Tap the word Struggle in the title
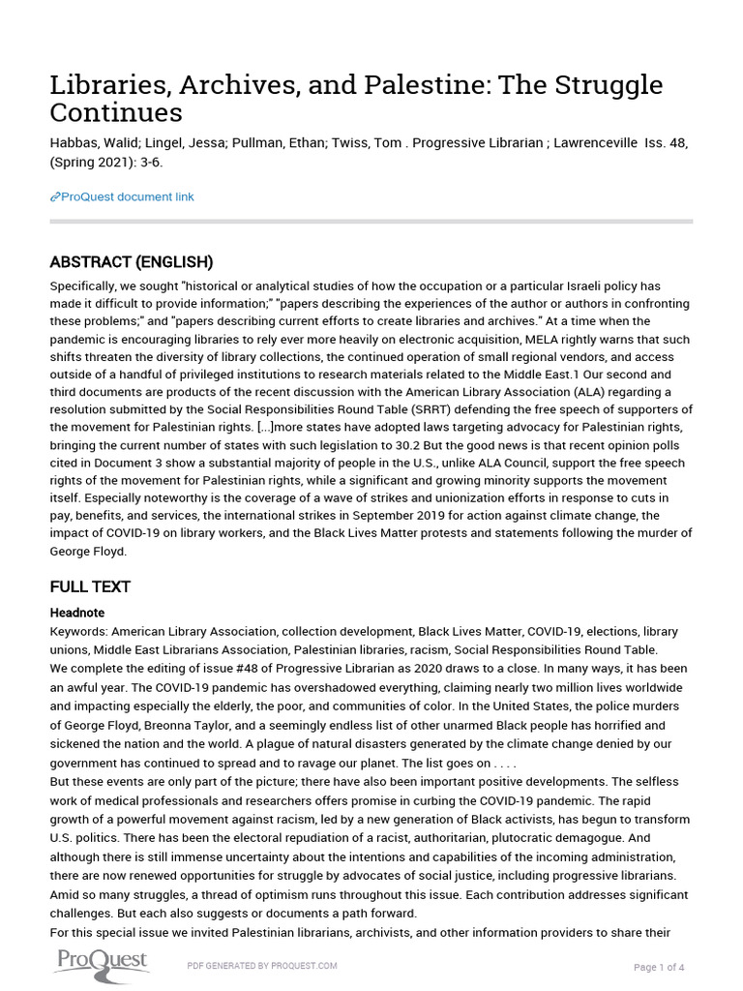pyautogui.click(x=606, y=85)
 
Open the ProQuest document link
pyautogui.click(x=127, y=197)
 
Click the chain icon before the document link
pyautogui.click(x=55, y=197)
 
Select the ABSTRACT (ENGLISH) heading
pyautogui.click(x=132, y=262)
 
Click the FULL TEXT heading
pyautogui.click(x=90, y=586)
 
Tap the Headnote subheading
pyautogui.click(x=77, y=613)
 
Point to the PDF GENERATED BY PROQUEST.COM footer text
pyautogui.click(x=261, y=966)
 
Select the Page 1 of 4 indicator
pyautogui.click(x=659, y=967)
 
